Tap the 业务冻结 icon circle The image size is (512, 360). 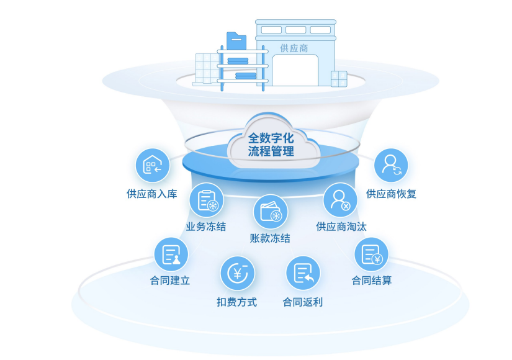[x=206, y=200]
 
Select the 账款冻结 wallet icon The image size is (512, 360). [x=271, y=212]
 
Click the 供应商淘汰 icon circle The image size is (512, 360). [x=340, y=199]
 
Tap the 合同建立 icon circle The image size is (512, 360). [x=171, y=254]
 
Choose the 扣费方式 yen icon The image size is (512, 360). [x=237, y=273]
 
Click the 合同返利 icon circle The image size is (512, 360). [x=303, y=273]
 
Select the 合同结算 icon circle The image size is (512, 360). [x=371, y=254]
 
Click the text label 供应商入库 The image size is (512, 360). [x=152, y=194]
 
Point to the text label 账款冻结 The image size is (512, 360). [x=270, y=238]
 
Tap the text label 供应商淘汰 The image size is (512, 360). [x=341, y=227]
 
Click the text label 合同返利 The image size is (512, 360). [x=303, y=302]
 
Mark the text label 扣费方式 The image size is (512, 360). [x=236, y=302]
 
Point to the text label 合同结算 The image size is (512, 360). [x=372, y=281]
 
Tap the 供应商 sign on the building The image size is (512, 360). [x=294, y=48]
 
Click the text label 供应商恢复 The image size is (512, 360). [x=392, y=194]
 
